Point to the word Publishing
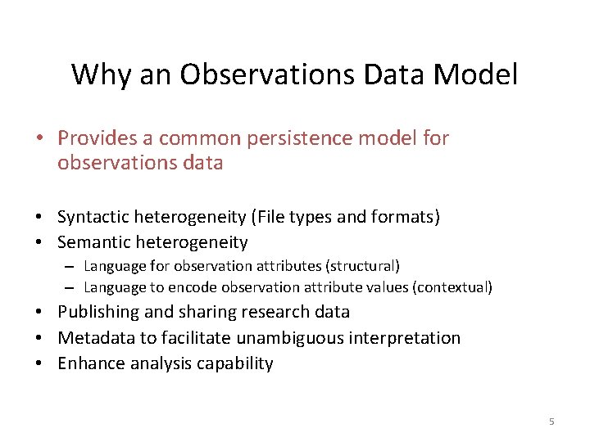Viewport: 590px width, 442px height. point(95,312)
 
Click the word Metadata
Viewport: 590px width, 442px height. point(92,338)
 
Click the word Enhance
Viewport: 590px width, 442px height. point(88,363)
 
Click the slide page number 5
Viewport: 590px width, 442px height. point(551,422)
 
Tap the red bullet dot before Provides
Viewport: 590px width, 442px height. point(40,138)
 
